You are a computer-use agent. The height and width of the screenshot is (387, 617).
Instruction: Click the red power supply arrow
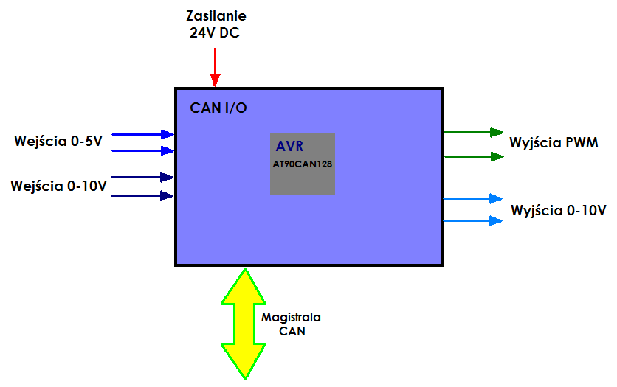coord(215,68)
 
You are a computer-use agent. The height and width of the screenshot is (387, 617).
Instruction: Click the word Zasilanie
coord(216,15)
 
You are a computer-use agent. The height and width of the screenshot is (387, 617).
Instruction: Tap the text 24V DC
coord(215,32)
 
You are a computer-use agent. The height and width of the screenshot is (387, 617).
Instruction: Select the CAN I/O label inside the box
coord(218,108)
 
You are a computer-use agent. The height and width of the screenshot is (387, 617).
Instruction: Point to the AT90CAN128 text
coord(302,163)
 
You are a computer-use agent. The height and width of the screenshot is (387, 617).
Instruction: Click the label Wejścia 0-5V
coord(58,140)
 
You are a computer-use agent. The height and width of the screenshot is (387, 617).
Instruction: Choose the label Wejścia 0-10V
coord(59,185)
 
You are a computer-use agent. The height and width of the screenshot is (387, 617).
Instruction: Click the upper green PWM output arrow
coord(473,132)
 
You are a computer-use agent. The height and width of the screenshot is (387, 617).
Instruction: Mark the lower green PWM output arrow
coord(473,156)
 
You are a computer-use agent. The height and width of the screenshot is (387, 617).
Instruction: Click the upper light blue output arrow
coord(473,198)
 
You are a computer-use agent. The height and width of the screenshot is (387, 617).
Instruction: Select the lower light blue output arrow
coord(473,220)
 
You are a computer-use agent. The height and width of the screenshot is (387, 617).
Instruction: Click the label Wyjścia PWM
coord(554,142)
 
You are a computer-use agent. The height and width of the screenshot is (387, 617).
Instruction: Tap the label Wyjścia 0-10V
coord(559,209)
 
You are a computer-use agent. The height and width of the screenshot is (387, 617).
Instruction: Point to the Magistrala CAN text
coord(292,324)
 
